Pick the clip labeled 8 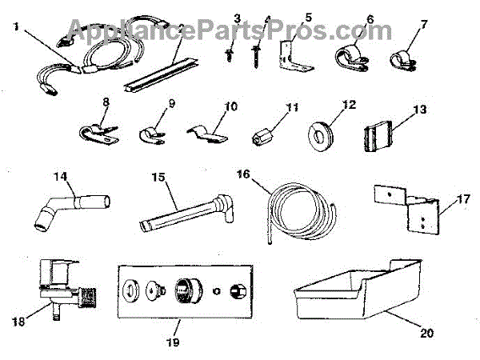point(100,130)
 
